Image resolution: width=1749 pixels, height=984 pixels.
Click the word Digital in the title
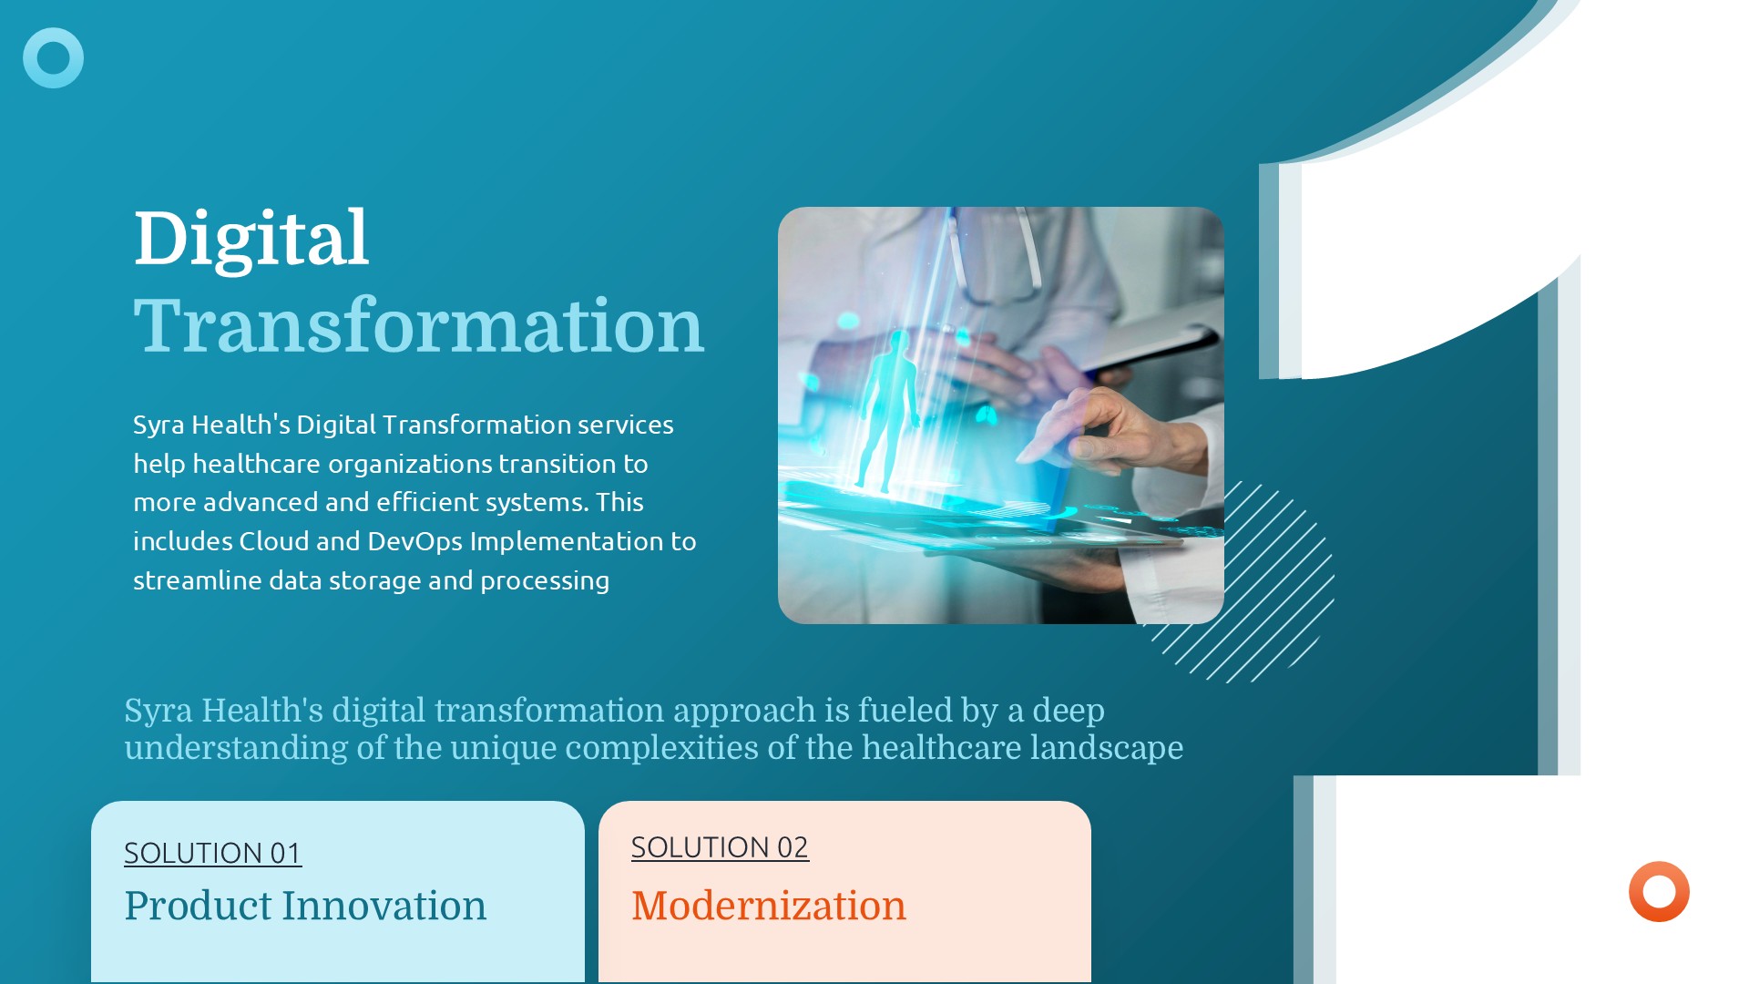pyautogui.click(x=251, y=239)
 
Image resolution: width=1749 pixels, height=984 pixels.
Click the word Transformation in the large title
pyautogui.click(x=419, y=325)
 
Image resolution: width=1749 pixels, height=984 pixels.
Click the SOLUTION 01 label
pyautogui.click(x=212, y=853)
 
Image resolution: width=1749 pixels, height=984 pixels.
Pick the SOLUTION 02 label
pyautogui.click(x=720, y=847)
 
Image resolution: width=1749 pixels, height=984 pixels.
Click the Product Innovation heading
pyautogui.click(x=305, y=906)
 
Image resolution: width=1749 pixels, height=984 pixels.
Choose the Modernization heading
pyautogui.click(x=769, y=906)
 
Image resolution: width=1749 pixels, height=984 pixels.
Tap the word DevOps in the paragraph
pyautogui.click(x=415, y=542)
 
